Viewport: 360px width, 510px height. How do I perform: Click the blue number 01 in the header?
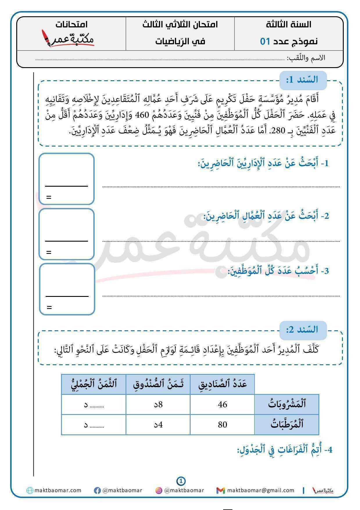coord(265,41)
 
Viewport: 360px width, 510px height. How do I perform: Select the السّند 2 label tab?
coord(303,330)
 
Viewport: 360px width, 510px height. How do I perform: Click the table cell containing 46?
coord(222,404)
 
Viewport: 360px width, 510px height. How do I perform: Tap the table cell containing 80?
coord(222,425)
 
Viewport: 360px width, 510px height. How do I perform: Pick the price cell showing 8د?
coord(158,404)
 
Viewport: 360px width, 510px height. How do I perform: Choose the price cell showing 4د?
coord(158,425)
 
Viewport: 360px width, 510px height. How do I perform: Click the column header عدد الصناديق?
coord(222,384)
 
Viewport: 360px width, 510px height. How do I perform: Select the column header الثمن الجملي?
coord(94,384)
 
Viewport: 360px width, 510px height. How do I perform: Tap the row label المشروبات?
coord(287,404)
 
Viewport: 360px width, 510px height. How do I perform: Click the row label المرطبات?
coord(287,425)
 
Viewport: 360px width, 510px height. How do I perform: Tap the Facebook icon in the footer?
coord(97,491)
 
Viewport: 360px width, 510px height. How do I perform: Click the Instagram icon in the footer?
coord(159,491)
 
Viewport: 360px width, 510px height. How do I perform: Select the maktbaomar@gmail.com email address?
coord(261,491)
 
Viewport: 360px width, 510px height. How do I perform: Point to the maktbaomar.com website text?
coord(58,491)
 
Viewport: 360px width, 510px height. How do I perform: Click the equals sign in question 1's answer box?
coord(49,197)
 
